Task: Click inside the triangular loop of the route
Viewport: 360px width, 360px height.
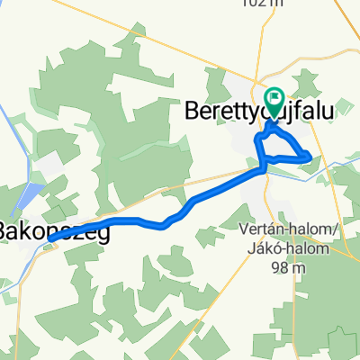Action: [281, 146]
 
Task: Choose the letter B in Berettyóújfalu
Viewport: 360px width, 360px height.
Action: [192, 110]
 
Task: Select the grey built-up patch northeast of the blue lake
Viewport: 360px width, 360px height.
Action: [49, 166]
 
